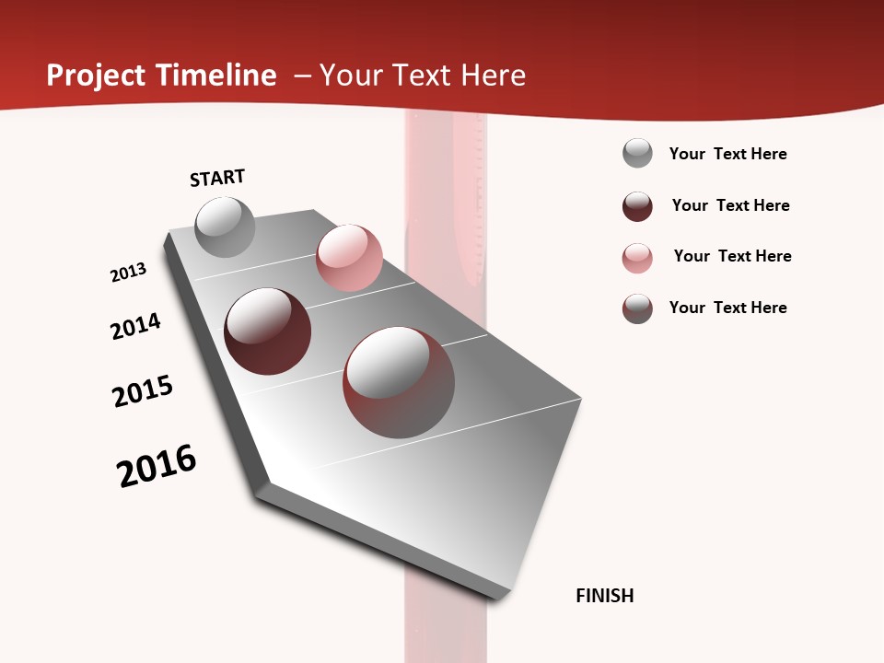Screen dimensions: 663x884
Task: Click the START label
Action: click(x=217, y=178)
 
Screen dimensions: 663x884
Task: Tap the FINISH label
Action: click(x=604, y=596)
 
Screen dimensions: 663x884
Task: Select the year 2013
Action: click(x=128, y=273)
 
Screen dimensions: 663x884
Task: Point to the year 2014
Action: click(x=135, y=326)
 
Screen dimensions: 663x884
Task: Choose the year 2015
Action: click(x=143, y=391)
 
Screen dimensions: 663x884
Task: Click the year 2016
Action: click(x=157, y=465)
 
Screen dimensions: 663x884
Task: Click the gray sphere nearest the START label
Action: click(x=225, y=227)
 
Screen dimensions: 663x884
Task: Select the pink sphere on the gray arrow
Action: click(x=349, y=257)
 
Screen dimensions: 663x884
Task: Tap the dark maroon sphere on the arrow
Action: click(x=268, y=331)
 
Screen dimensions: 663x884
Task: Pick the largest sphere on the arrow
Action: click(x=399, y=382)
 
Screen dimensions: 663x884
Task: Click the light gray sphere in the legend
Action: click(x=637, y=153)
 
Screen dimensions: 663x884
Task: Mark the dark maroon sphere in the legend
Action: click(x=637, y=206)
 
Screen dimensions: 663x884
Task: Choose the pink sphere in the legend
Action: click(x=637, y=258)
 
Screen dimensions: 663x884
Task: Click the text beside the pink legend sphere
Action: click(x=732, y=256)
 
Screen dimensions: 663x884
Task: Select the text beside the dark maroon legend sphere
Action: click(x=730, y=205)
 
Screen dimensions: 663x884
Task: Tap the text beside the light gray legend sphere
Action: click(x=727, y=154)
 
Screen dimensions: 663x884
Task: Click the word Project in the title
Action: click(x=97, y=76)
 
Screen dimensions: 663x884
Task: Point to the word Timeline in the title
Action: click(x=218, y=76)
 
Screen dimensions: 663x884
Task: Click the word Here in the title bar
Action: click(x=493, y=76)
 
